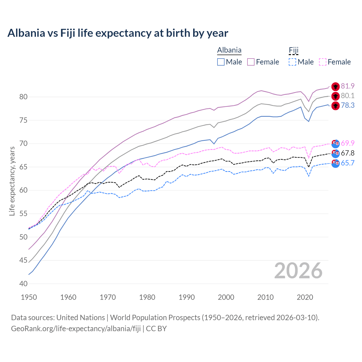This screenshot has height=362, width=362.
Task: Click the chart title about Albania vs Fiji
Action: point(118,33)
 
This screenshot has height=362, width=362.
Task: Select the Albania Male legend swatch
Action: point(221,62)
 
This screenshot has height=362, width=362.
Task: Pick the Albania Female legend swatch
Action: point(251,62)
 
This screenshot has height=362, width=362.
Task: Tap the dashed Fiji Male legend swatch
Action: point(292,62)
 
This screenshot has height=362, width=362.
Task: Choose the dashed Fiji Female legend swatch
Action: point(322,62)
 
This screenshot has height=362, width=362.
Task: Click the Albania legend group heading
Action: point(229,50)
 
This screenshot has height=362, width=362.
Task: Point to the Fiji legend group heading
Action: point(294,50)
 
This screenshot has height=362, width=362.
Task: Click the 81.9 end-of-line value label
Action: point(348,86)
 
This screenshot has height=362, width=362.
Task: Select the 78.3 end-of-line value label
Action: point(348,105)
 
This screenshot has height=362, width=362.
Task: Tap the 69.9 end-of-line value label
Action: point(348,143)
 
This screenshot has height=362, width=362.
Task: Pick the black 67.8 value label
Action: point(348,153)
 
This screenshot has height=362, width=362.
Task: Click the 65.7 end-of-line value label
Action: point(348,163)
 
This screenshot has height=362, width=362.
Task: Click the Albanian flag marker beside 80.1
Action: point(335,96)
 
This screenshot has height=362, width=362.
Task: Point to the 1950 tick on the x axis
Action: point(29,297)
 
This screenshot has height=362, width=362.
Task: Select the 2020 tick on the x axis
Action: point(305,297)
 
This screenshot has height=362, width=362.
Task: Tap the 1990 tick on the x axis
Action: point(187,297)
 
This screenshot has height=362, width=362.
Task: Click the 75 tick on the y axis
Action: point(23,120)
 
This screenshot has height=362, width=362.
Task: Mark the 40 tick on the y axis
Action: point(23,284)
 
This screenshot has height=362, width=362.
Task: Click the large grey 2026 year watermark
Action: point(298,271)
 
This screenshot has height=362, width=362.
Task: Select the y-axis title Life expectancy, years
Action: point(12,181)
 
